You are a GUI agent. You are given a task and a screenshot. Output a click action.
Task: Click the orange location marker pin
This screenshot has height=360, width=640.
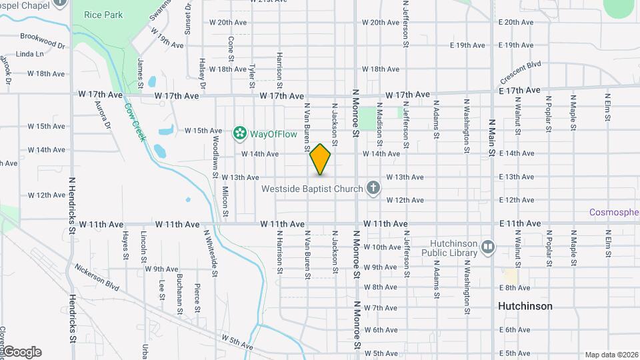point(321,159)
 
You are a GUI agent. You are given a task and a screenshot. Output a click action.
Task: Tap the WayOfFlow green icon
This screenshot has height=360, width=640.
point(239,134)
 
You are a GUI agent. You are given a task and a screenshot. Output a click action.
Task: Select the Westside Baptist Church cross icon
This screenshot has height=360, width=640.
point(373,188)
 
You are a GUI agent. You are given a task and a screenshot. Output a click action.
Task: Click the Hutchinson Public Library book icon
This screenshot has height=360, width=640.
point(489,248)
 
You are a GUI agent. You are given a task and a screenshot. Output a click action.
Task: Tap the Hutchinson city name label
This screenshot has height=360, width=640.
point(525,306)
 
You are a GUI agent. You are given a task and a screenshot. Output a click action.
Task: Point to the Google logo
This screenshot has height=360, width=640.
point(21,352)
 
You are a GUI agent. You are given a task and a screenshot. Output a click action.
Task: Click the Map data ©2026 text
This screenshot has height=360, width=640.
point(611,355)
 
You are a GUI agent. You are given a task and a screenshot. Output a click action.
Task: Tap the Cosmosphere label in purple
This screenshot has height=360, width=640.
point(614,213)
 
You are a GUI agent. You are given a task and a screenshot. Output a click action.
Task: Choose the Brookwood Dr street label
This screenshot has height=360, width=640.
point(42,40)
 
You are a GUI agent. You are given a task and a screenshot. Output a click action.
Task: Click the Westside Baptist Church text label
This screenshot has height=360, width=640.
point(311,189)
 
